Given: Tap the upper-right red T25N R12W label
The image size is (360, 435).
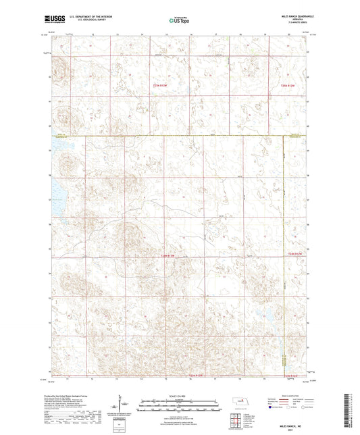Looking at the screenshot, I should (288, 85).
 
